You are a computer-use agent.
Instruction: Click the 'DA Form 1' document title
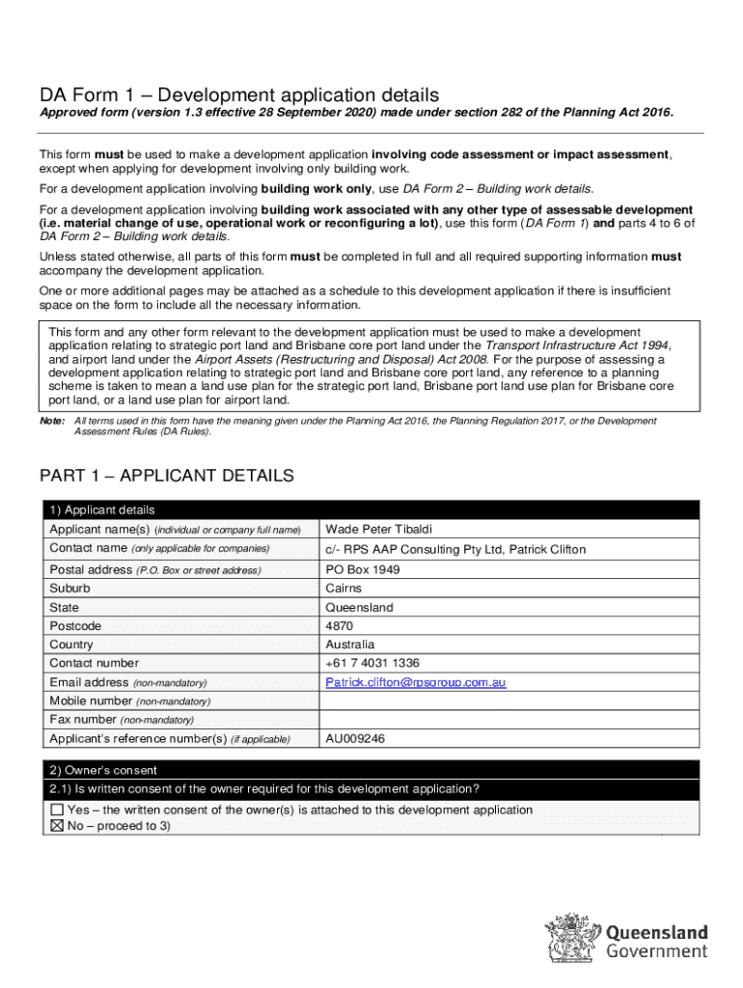tap(239, 96)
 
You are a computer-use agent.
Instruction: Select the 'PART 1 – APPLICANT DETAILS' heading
tap(166, 477)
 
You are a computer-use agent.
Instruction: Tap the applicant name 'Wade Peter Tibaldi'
tap(379, 530)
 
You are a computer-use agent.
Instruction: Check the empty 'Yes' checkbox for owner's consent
tap(57, 810)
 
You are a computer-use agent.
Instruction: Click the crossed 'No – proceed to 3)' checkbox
tap(57, 827)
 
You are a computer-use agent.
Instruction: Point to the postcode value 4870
tap(340, 626)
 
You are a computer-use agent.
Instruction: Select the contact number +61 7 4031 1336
tap(372, 663)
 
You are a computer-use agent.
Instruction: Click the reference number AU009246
tap(356, 739)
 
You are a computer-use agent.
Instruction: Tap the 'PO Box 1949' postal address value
tap(362, 569)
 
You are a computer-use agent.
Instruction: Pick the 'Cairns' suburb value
tap(344, 588)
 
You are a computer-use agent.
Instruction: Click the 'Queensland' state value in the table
tap(359, 608)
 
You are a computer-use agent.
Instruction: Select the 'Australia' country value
tap(350, 645)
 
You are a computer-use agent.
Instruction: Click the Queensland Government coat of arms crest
tap(574, 936)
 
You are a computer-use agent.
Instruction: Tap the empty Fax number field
tap(509, 720)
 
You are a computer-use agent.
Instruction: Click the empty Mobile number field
tap(509, 700)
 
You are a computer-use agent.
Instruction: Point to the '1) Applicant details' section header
tap(102, 510)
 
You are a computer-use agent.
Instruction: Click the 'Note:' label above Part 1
tap(51, 422)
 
